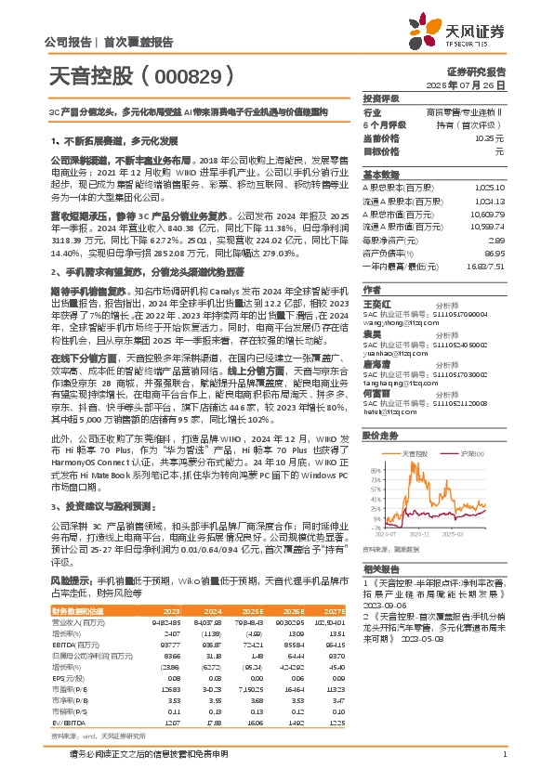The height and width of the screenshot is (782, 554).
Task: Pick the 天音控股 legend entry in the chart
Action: click(415, 452)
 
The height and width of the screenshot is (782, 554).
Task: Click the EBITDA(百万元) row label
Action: click(78, 644)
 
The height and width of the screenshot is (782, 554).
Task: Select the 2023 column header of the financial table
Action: click(172, 609)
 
